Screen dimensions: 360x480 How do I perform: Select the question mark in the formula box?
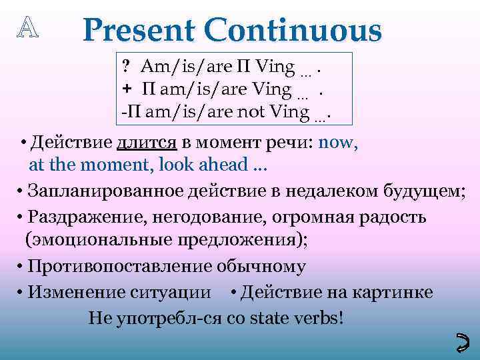[125, 67]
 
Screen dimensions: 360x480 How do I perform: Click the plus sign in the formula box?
[125, 89]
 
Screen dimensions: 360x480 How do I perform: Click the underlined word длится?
[147, 143]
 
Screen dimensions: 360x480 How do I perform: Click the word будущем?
[425, 192]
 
